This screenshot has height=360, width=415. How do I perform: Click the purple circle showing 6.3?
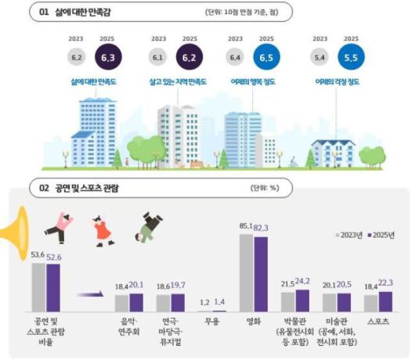tap(104, 56)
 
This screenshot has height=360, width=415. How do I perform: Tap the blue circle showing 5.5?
tap(348, 56)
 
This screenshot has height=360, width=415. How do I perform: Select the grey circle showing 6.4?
tap(234, 56)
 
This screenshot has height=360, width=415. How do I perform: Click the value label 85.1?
tap(246, 229)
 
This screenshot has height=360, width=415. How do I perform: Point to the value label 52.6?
tap(53, 254)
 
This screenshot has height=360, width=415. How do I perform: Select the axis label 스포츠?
tap(377, 321)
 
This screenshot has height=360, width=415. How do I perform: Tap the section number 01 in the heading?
tap(44, 13)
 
